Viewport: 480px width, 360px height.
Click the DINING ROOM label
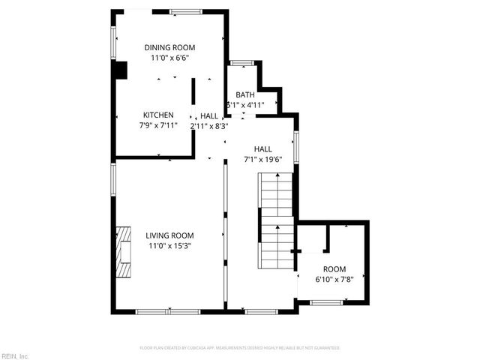point(169,47)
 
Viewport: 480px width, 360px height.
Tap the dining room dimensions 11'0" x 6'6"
point(169,57)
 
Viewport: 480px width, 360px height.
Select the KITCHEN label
point(158,115)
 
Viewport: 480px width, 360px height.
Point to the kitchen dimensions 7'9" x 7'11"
point(158,124)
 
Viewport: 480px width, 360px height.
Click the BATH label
point(245,95)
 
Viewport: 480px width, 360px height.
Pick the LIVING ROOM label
point(169,235)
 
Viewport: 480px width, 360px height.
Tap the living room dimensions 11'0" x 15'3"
point(169,245)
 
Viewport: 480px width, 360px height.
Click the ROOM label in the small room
point(334,269)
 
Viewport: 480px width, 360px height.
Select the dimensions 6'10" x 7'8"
point(334,279)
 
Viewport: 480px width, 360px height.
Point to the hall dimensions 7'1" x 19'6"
point(262,159)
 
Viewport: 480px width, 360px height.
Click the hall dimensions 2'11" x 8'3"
point(209,126)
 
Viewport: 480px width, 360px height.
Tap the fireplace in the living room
point(122,252)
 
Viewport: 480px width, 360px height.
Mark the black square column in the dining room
point(119,69)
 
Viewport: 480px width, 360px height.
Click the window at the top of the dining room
point(184,12)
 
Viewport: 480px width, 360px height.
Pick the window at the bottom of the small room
point(325,302)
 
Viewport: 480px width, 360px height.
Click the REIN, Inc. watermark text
point(14,355)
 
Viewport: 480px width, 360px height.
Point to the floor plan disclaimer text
point(240,348)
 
